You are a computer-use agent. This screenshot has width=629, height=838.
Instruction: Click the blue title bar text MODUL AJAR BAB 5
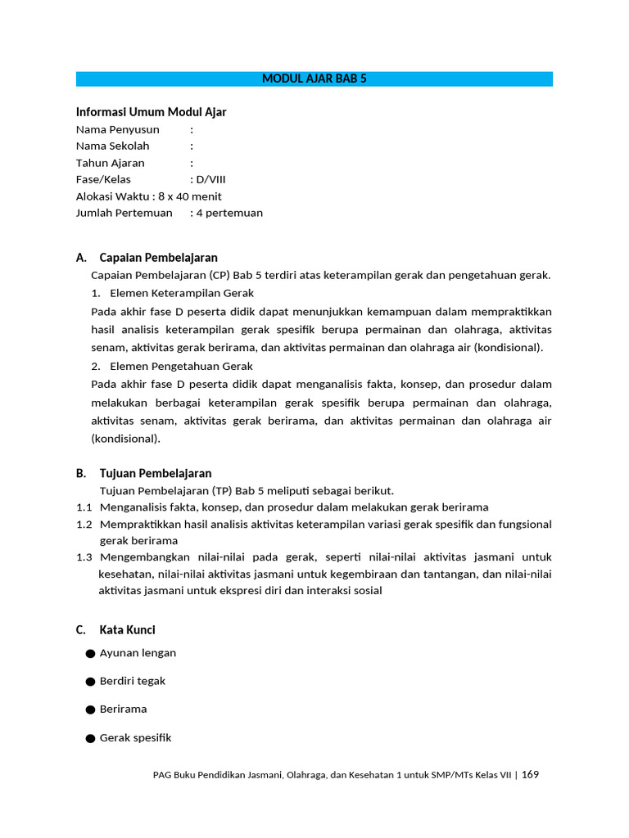[x=314, y=79]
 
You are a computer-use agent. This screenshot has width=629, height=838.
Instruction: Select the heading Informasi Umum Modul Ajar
[x=151, y=112]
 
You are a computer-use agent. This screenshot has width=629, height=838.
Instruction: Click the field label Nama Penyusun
[x=118, y=129]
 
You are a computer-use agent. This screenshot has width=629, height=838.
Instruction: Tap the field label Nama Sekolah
[x=115, y=146]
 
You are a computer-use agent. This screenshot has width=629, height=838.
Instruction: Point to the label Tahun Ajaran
[x=111, y=163]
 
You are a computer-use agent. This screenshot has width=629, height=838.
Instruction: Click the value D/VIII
[x=210, y=179]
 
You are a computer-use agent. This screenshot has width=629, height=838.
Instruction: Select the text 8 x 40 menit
[x=190, y=196]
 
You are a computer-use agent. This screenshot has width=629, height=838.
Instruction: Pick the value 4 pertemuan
[x=230, y=213]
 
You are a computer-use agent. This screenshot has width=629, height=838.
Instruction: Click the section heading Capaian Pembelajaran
[x=158, y=258]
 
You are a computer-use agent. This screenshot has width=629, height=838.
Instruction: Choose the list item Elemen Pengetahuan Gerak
[x=181, y=366]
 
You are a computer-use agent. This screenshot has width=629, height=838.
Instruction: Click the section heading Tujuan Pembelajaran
[x=155, y=473]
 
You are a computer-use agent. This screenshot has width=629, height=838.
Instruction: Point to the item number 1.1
[x=84, y=507]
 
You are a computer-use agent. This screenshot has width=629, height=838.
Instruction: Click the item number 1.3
[x=84, y=556]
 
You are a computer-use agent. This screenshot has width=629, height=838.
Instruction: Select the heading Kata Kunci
[x=127, y=629]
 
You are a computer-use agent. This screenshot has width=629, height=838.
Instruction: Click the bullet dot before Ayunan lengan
[x=89, y=653]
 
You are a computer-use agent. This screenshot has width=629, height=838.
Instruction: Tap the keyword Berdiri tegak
[x=132, y=681]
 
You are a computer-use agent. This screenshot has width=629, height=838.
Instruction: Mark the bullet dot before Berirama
[x=89, y=710]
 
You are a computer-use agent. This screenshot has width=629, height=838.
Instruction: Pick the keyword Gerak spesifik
[x=135, y=737]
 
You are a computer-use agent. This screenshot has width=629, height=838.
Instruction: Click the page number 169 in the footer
[x=530, y=774]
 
